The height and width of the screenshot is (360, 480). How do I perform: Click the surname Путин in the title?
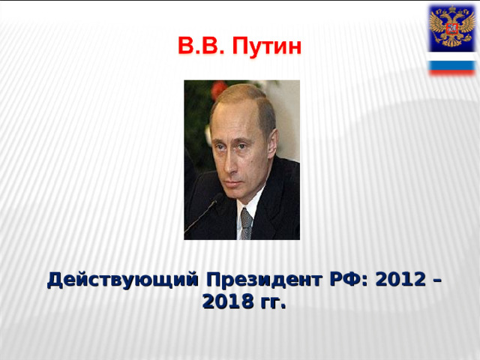tap(268, 47)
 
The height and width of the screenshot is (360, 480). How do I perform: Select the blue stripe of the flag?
tap(451, 64)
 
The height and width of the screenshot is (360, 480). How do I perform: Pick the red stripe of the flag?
tap(451, 71)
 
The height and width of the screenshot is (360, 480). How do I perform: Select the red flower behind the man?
tap(218, 89)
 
